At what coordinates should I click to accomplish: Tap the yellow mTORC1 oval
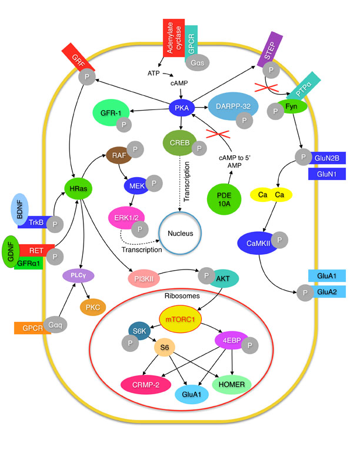180,319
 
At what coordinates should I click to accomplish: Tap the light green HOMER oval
234,384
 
